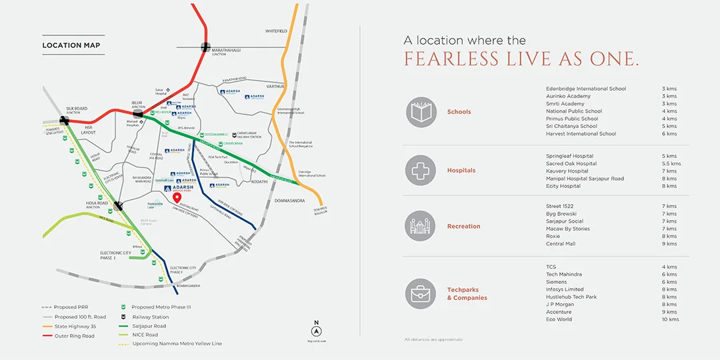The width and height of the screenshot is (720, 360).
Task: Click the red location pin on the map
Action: click(177, 198)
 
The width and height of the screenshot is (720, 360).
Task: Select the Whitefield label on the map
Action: click(276, 31)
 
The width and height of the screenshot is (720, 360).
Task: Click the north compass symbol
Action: click(317, 331)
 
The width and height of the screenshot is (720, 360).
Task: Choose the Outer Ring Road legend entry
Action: click(75, 336)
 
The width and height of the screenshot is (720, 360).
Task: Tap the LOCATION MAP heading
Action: click(71, 45)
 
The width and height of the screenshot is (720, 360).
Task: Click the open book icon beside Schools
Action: click(421, 112)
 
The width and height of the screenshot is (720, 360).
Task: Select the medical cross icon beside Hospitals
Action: click(421, 171)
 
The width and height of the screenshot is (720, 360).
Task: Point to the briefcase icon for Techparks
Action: click(421, 294)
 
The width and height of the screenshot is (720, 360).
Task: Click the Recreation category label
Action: click(463, 227)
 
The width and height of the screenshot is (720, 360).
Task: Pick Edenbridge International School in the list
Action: click(586, 89)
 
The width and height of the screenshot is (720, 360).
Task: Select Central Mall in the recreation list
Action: click(560, 243)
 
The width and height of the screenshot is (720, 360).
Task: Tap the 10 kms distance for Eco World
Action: click(670, 319)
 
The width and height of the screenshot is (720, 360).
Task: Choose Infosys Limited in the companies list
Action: click(565, 289)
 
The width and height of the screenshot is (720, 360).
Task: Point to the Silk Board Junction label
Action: click(76, 110)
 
